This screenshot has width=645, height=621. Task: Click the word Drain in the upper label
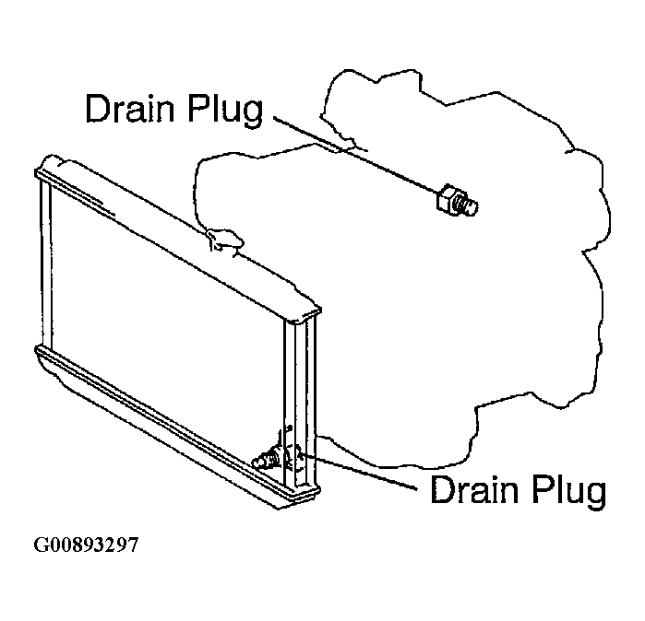tap(130, 108)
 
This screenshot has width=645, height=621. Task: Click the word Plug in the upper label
tap(226, 111)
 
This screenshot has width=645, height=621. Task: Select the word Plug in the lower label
tap(569, 492)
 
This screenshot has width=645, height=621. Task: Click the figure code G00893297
tap(86, 545)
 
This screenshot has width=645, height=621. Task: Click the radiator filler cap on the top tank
tap(225, 240)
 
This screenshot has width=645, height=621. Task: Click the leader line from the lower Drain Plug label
tap(359, 472)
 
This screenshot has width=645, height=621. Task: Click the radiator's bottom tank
tap(177, 428)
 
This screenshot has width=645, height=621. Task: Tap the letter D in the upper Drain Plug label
tap(98, 108)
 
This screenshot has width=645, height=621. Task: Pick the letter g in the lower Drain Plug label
tap(596, 496)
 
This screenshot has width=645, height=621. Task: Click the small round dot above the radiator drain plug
tap(289, 428)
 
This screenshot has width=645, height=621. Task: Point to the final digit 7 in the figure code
tap(133, 545)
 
